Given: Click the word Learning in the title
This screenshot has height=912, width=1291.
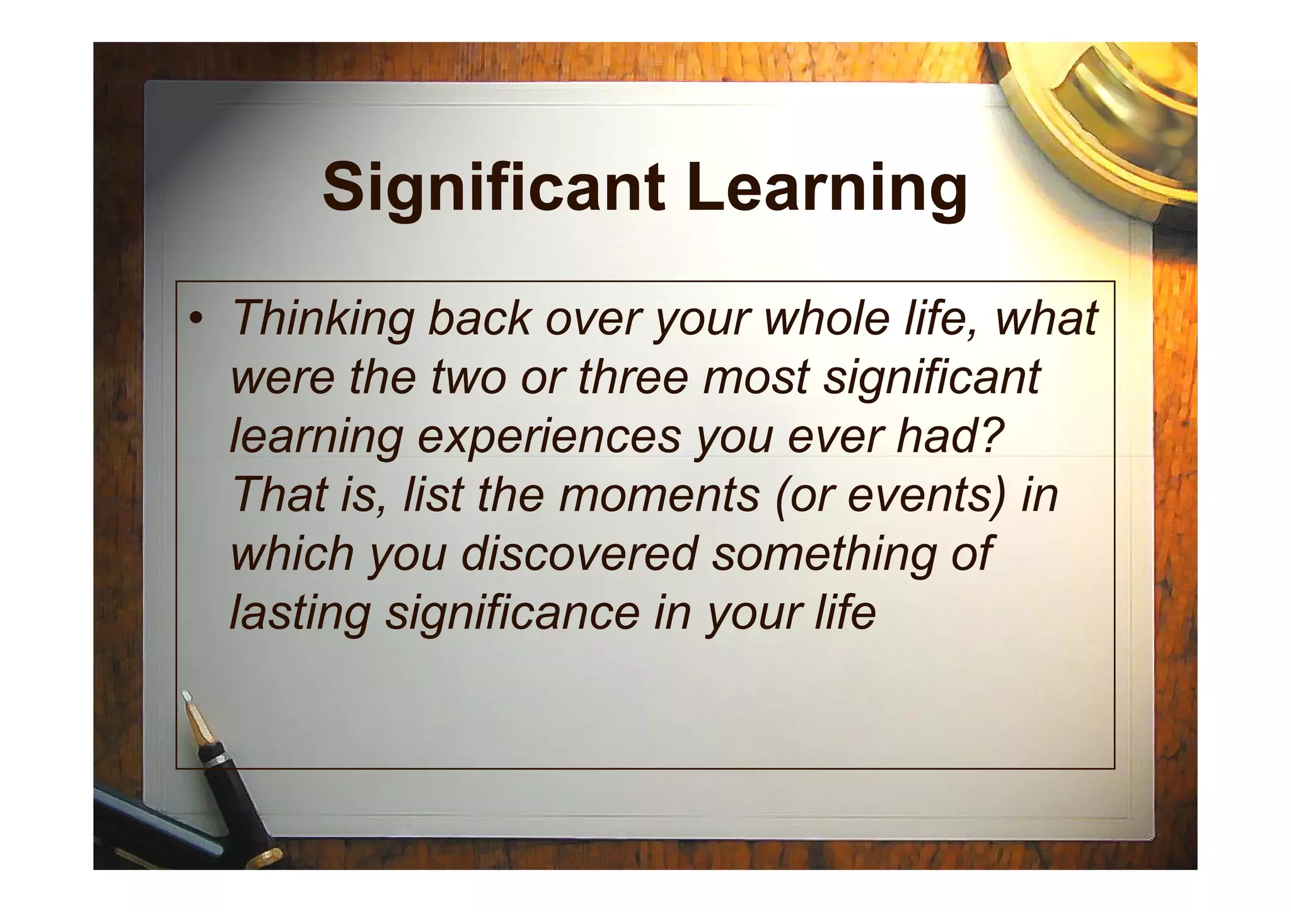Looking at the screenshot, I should point(826,187).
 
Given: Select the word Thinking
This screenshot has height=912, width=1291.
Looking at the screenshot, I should point(322,319).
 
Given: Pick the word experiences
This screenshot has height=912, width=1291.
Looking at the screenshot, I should point(548,437).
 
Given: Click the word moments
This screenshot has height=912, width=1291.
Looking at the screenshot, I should point(659,495).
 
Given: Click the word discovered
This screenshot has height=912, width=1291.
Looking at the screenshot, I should point(579,553).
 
